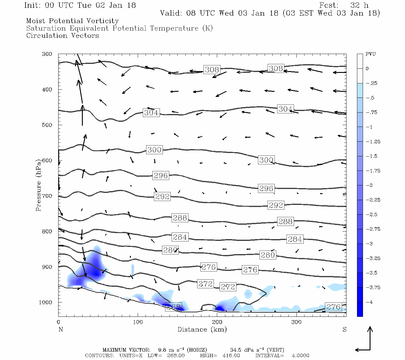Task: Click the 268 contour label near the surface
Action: click(174, 307)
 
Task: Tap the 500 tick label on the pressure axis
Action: click(47, 125)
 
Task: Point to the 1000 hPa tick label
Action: click(45, 302)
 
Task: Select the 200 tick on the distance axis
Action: click(217, 322)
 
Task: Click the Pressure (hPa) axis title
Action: click(38, 185)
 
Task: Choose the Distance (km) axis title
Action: click(202, 329)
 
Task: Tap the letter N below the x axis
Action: click(61, 329)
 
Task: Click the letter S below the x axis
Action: click(344, 329)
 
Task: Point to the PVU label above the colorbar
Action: click(370, 54)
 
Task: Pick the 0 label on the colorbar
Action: click(367, 69)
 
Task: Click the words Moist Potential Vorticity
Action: click(72, 21)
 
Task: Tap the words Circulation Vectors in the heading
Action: click(62, 35)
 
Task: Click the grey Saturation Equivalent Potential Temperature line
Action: click(119, 28)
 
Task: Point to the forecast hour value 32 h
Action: click(359, 5)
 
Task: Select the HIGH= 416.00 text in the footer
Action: click(220, 355)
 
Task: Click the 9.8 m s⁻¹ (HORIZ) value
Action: click(182, 350)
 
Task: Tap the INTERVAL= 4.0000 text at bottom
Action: click(282, 355)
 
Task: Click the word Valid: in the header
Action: click(171, 13)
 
